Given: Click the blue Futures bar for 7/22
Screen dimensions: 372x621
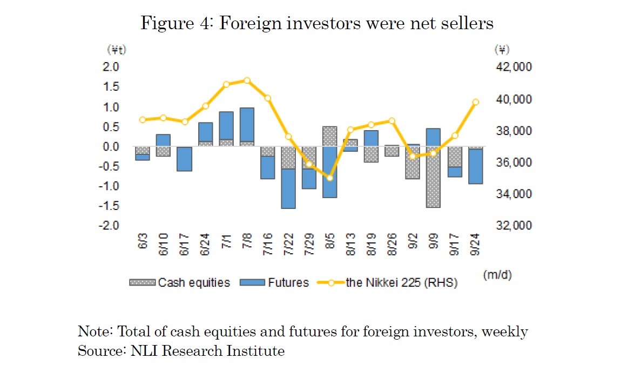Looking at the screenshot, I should (288, 188).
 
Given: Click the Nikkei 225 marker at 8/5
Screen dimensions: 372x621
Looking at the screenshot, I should (330, 178).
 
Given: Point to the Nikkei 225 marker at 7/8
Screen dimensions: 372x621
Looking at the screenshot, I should (247, 80).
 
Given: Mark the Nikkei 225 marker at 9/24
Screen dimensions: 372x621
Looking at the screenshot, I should (476, 102).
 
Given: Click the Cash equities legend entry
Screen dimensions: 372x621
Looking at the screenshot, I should (180, 282).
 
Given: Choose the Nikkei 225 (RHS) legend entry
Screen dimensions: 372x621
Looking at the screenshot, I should (392, 282).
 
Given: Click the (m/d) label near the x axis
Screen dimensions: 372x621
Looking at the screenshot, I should (498, 275).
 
